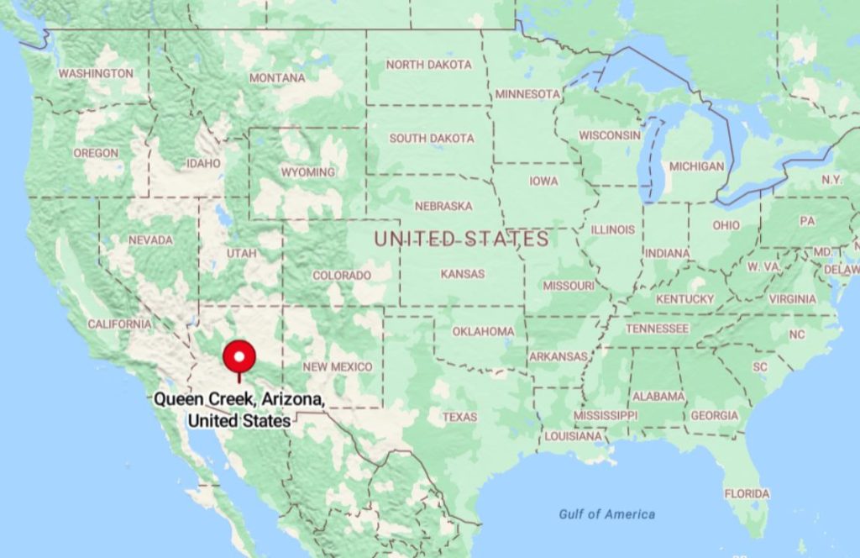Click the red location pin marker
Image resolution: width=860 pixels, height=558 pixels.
(241, 358)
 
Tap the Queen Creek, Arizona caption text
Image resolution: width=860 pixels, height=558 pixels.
(239, 409)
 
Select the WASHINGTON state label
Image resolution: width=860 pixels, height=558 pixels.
(95, 74)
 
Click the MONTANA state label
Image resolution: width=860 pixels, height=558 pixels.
(277, 78)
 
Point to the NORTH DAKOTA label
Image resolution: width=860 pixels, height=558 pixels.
(428, 65)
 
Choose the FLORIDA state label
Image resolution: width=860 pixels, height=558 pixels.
(747, 493)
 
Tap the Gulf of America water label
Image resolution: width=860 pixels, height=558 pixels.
(606, 513)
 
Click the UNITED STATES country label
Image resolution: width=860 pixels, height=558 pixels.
(461, 239)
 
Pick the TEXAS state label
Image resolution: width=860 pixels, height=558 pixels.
(459, 417)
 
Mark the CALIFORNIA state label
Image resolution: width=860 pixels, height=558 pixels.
(119, 324)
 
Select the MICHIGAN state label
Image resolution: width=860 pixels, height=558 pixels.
(696, 166)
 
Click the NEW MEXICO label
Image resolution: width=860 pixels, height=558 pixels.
(337, 367)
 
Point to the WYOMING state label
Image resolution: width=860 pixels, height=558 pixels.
(307, 172)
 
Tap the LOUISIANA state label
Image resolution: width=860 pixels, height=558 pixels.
(573, 436)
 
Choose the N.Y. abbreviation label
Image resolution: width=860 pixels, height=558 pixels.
(831, 180)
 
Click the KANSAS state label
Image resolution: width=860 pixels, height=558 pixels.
(462, 274)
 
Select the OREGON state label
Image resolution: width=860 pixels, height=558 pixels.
(96, 153)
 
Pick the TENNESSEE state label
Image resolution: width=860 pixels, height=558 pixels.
(657, 329)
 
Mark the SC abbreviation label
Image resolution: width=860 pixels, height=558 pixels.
(759, 367)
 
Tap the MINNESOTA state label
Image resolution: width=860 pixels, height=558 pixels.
(527, 94)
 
